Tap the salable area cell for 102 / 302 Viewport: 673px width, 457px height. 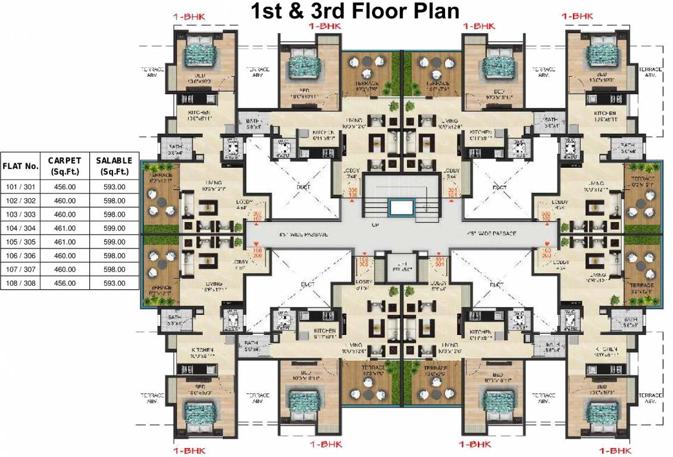click(114, 201)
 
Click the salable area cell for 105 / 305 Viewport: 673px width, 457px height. click(114, 242)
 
